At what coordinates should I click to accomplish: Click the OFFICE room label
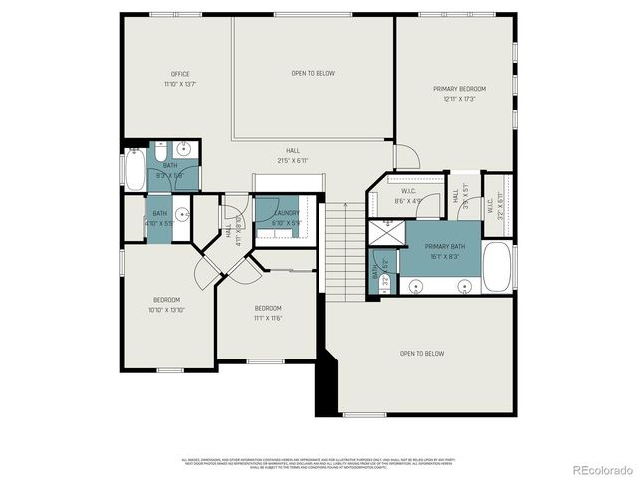[180, 74]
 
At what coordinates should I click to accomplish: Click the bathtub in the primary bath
[497, 266]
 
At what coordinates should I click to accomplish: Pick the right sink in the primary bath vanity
[465, 287]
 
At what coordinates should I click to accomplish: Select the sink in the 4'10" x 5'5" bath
[182, 213]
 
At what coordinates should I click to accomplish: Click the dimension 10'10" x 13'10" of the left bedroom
[166, 310]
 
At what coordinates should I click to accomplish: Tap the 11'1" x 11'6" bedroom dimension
[268, 317]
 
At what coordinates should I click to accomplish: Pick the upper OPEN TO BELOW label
[313, 74]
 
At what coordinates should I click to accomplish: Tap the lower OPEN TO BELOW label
[422, 354]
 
